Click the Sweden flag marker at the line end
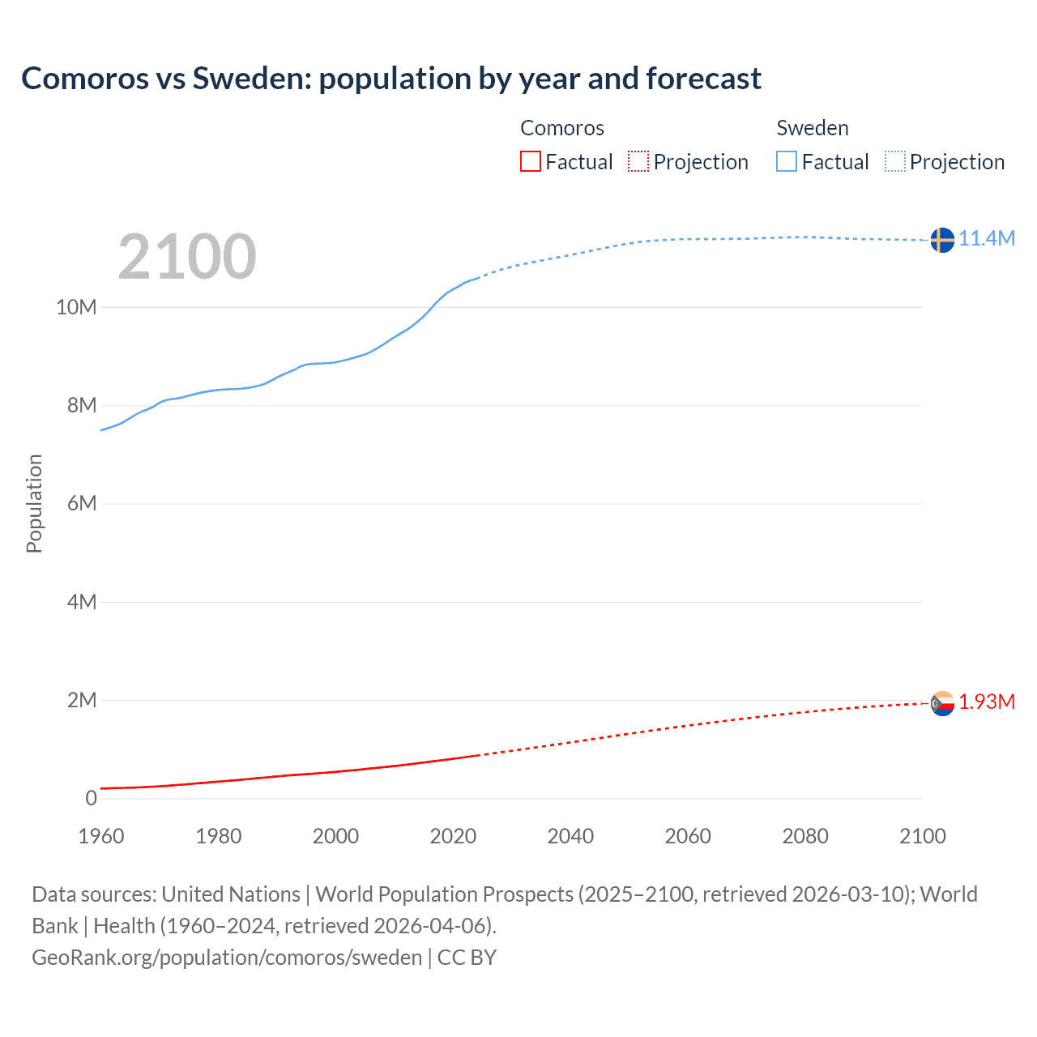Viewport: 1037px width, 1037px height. [942, 240]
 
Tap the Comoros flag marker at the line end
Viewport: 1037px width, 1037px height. [942, 703]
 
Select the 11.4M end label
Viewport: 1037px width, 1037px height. [987, 238]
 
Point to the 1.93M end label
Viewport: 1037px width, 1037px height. [987, 702]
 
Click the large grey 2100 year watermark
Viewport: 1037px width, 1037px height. [187, 257]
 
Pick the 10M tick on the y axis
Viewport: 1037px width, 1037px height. [76, 307]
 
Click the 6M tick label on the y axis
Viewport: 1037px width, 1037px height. [82, 503]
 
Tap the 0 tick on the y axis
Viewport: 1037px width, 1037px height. [91, 798]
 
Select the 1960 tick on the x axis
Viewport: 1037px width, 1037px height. [101, 836]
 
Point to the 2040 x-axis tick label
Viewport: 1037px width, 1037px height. [570, 836]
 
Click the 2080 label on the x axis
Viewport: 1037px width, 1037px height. [805, 836]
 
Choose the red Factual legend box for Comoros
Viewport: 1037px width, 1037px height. [531, 161]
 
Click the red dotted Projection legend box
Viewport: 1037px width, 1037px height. [638, 161]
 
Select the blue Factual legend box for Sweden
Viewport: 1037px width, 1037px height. [787, 161]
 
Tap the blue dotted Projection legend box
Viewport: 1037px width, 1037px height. [895, 161]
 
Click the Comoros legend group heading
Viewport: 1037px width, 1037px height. [562, 128]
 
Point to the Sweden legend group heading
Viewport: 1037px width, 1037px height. [813, 128]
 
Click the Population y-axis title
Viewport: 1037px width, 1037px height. [34, 503]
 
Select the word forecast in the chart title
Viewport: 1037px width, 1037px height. [703, 79]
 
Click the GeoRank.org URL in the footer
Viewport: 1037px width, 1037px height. [227, 957]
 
